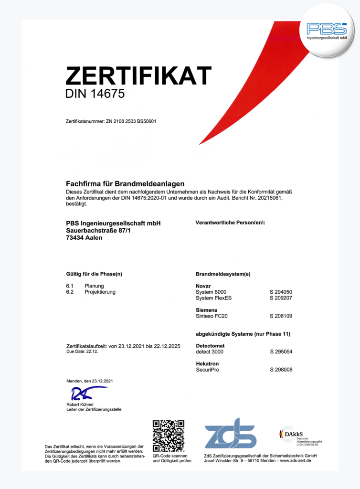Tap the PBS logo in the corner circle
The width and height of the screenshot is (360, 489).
coord(327,30)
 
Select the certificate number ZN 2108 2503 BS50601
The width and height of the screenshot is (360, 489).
coord(130,121)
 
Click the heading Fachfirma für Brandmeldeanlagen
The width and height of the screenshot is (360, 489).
coord(125,184)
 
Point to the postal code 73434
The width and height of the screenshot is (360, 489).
coord(75,238)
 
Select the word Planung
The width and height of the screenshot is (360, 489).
coord(94,286)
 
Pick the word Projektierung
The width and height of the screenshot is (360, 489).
coord(100,292)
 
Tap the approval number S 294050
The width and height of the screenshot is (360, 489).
coord(281,292)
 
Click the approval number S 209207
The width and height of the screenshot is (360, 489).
coord(281,298)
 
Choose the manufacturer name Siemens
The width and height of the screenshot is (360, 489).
coord(207,310)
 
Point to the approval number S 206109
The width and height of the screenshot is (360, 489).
coord(281,316)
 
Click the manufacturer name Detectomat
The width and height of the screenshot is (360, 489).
coord(210,345)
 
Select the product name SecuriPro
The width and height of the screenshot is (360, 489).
coord(207,370)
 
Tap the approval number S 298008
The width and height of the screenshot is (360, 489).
coord(281,370)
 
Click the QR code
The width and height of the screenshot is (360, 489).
coord(168,436)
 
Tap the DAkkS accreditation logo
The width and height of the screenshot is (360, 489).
coord(300,435)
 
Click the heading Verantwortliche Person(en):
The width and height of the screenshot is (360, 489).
coord(230,223)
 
